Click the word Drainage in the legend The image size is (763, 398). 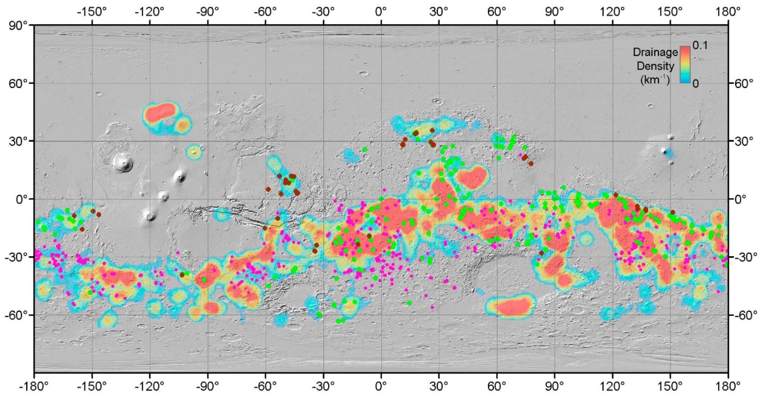(x=655, y=52)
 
